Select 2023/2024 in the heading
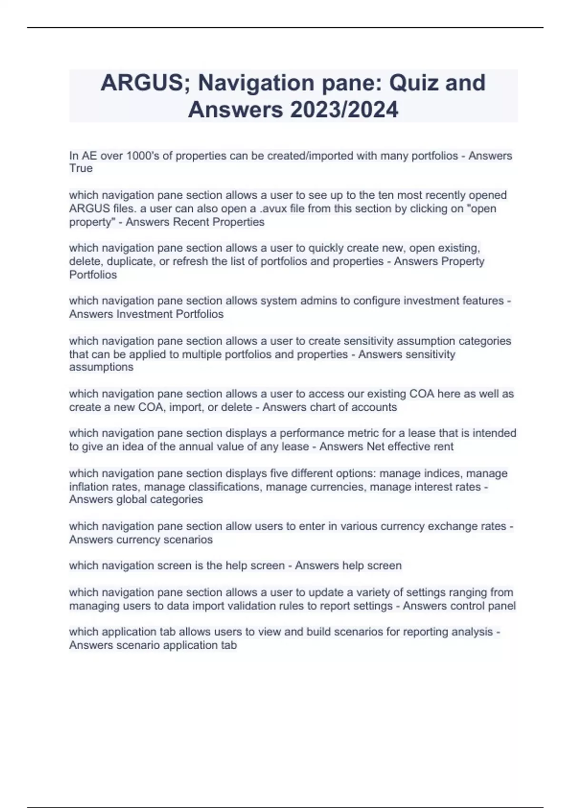(x=344, y=110)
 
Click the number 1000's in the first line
(x=141, y=156)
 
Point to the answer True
(x=81, y=168)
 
